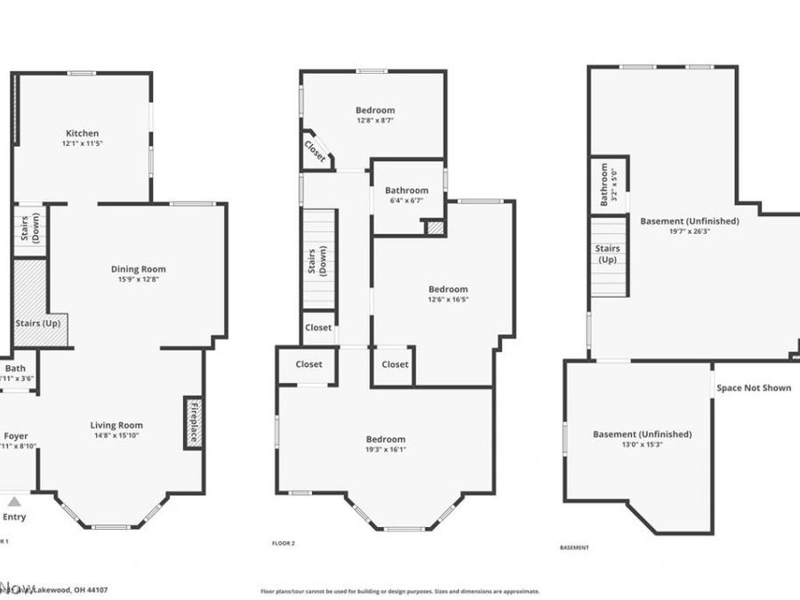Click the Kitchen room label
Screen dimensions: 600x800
coord(81,133)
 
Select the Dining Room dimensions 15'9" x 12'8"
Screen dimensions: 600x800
coord(138,279)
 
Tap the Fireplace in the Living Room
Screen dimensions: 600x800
coord(193,421)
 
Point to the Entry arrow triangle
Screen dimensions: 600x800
coord(13,501)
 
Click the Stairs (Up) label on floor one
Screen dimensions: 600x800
coord(38,323)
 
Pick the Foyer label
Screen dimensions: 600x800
coord(16,436)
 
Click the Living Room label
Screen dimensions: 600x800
coord(116,425)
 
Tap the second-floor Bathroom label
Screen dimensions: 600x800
coord(406,190)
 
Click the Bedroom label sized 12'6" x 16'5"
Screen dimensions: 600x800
coord(447,289)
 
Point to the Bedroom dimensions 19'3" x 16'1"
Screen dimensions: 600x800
coord(385,450)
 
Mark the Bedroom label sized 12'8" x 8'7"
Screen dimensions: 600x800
coord(375,110)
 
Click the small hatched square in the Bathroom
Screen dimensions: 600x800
coord(434,228)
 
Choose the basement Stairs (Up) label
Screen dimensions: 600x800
coord(607,254)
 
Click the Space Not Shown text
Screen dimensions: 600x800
coord(754,388)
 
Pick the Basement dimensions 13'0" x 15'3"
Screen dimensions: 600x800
coord(642,444)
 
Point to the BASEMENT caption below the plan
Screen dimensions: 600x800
coord(573,548)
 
